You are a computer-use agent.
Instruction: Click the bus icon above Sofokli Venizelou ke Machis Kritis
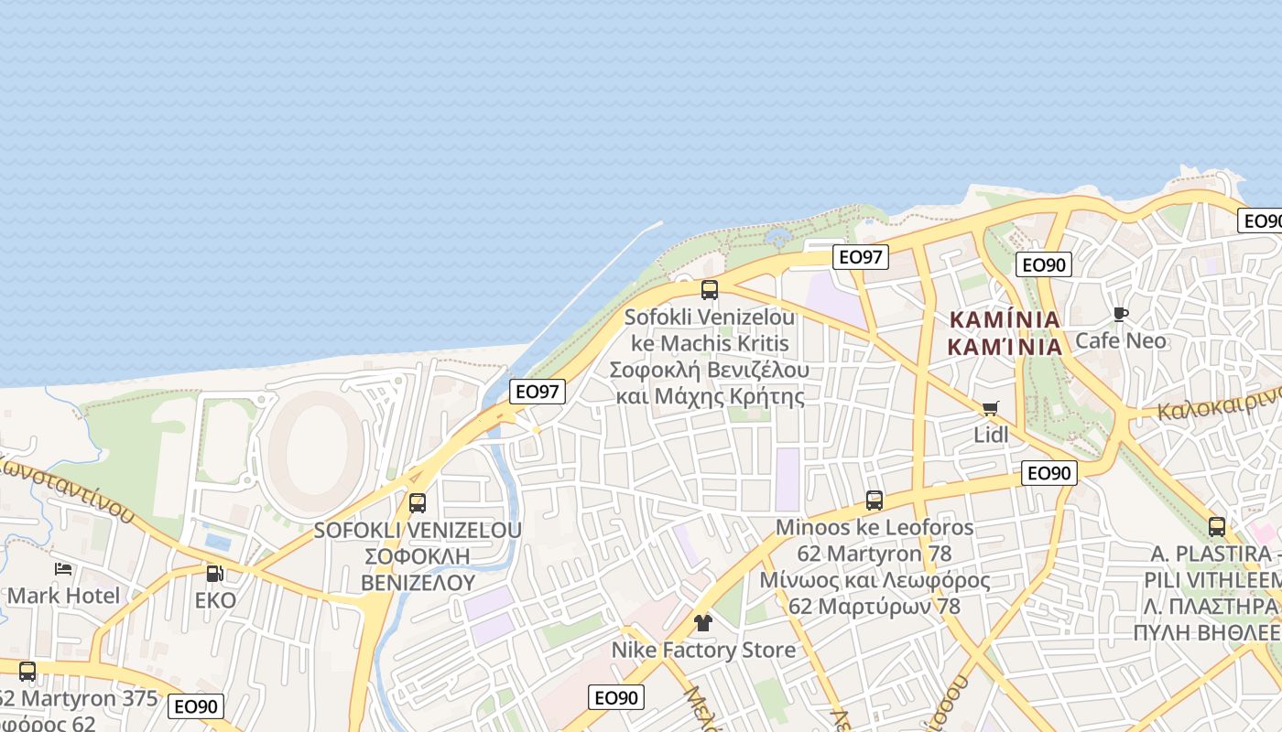coord(710,290)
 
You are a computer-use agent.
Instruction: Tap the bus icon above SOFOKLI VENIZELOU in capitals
coord(418,502)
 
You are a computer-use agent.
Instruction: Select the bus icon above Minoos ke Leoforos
coord(875,501)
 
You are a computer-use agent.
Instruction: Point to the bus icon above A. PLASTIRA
coord(1217,526)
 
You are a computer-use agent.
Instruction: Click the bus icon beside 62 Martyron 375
coord(27,671)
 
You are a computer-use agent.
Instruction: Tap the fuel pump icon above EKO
coord(214,574)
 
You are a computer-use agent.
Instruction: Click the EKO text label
coord(215,600)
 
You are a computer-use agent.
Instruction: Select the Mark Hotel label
coord(63,596)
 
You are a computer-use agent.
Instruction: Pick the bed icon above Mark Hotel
coord(63,569)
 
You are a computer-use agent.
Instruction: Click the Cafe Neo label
coord(1121,340)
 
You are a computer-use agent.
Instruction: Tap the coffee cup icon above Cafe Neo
coord(1121,315)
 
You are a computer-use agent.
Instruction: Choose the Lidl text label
coord(991,435)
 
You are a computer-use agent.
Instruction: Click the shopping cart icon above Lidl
coord(990,408)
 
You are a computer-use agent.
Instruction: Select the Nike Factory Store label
coord(703,650)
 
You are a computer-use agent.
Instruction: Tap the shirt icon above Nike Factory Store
coord(702,623)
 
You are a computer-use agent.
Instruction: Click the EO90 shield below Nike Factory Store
coord(615,697)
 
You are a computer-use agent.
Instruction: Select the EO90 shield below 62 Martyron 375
coord(196,706)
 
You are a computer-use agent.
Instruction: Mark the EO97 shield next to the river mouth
coord(538,392)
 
